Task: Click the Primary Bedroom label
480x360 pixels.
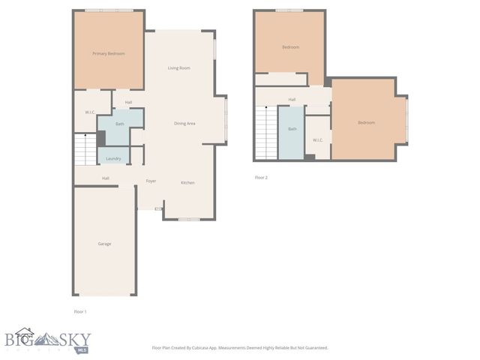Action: [108, 54]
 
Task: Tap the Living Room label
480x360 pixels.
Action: [178, 68]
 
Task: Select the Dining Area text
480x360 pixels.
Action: [184, 123]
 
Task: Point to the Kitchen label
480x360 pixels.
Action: [187, 183]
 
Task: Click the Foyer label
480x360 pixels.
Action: [151, 181]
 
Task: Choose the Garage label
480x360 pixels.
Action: [104, 244]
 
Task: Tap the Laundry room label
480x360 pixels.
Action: [113, 158]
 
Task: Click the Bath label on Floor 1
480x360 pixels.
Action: [119, 123]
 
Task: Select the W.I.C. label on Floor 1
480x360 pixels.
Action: [89, 112]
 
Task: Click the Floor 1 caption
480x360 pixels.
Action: [80, 311]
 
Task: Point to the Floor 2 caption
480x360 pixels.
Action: [261, 178]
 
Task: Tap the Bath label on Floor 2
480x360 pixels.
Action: [292, 129]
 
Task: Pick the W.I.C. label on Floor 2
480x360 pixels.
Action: [317, 139]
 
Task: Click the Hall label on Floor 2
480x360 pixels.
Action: [292, 99]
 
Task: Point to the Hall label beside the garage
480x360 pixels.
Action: [106, 178]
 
